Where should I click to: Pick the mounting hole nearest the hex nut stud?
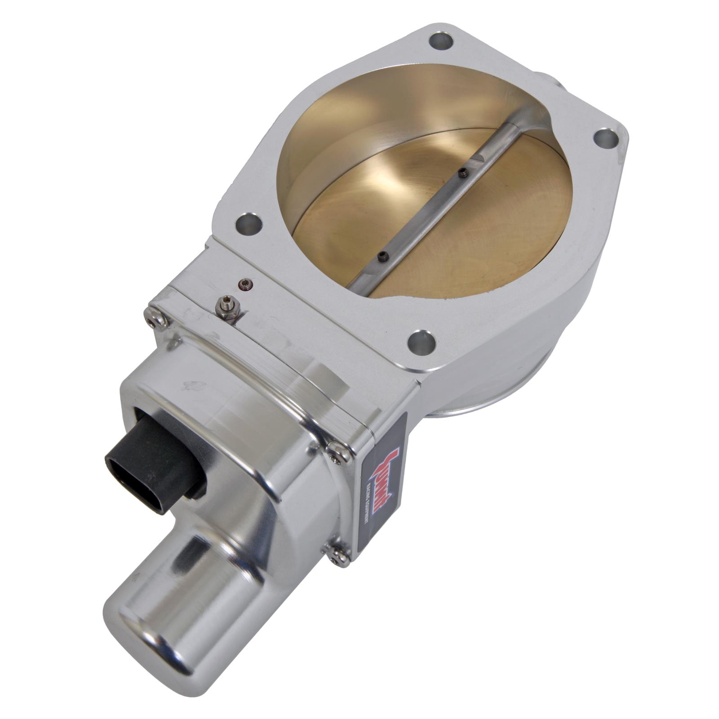249,224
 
